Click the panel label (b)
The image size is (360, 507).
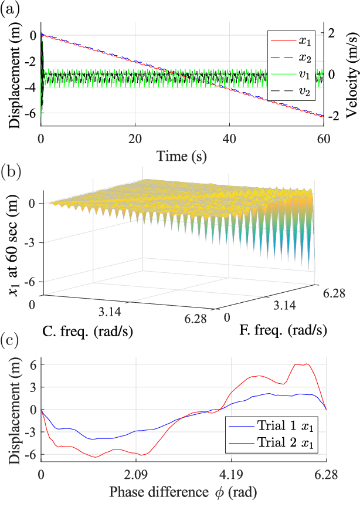tap(11, 171)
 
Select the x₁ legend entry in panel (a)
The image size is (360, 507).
tap(293, 40)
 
